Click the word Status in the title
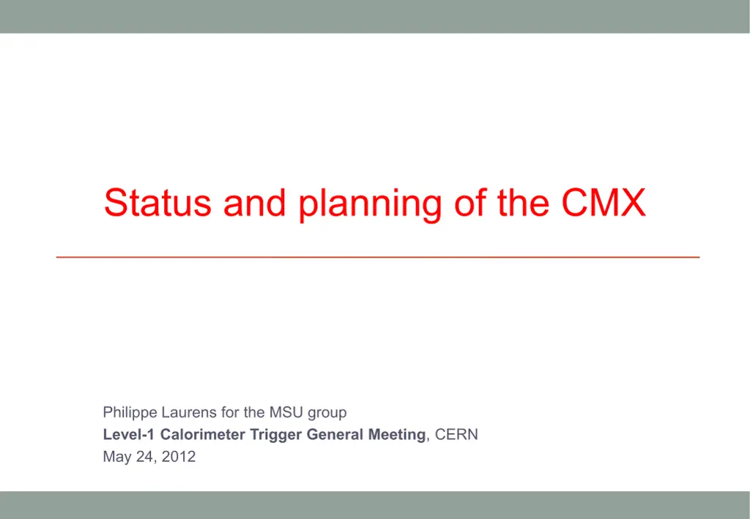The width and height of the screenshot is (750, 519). (x=157, y=202)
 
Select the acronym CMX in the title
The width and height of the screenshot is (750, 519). (x=604, y=202)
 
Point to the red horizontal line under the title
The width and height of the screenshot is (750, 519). (x=378, y=258)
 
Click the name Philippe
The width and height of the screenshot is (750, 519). (x=130, y=413)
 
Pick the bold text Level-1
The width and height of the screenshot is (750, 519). (x=129, y=435)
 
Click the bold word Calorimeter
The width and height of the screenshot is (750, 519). (x=203, y=435)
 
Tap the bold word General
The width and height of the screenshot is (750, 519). (x=335, y=435)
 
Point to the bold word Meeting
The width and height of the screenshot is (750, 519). (x=396, y=436)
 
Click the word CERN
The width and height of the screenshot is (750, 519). (x=456, y=435)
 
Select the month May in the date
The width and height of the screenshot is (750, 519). (x=117, y=458)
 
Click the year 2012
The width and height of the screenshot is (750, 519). (x=179, y=458)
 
